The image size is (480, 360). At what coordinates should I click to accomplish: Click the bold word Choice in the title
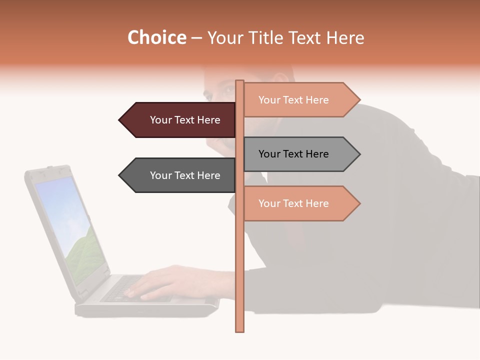(x=156, y=38)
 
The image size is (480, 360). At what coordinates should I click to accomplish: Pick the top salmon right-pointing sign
(x=297, y=100)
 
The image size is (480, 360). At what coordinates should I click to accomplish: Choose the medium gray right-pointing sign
(x=297, y=154)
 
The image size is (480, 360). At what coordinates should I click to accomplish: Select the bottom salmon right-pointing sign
(x=297, y=203)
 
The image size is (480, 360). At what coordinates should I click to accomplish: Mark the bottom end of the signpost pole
(x=240, y=330)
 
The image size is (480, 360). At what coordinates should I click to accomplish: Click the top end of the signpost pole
(x=240, y=82)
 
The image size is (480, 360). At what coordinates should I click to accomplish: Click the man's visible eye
(x=226, y=91)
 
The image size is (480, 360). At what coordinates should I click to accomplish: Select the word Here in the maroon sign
(x=208, y=120)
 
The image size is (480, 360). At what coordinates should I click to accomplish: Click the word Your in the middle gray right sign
(x=269, y=154)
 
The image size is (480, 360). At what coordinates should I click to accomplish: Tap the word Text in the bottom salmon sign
(x=293, y=203)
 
